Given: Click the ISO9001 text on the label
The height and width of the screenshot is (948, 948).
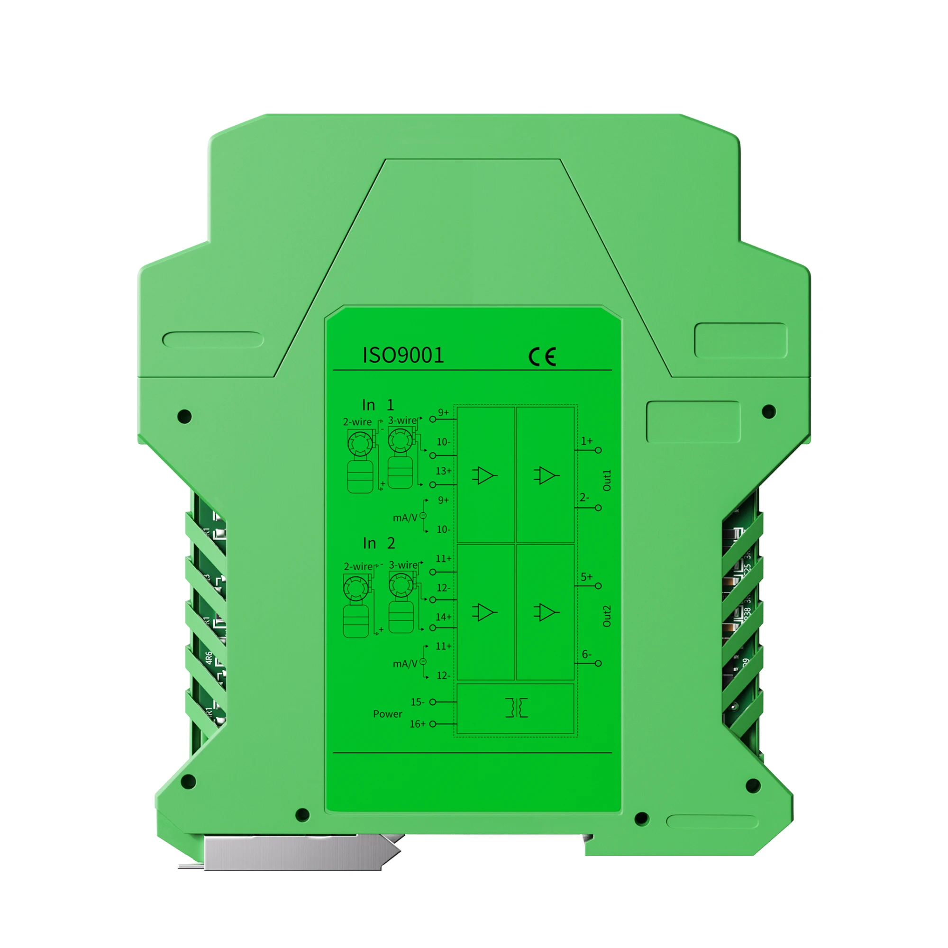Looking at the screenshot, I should (x=403, y=355).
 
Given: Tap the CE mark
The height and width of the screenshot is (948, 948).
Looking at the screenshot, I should (x=542, y=356).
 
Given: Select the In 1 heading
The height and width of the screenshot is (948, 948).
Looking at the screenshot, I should (x=378, y=405).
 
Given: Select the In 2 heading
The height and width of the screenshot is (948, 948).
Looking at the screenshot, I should (x=379, y=543).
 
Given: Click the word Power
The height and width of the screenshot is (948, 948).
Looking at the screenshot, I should (x=387, y=714).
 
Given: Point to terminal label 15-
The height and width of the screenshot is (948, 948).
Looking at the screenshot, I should (x=417, y=702).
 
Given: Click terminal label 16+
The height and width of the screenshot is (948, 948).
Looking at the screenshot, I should (x=417, y=724).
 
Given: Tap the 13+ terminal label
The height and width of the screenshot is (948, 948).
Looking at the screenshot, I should (x=443, y=471).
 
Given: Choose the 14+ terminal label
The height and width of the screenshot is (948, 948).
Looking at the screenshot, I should (x=443, y=617).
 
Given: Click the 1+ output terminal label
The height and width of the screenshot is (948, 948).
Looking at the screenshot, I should (x=586, y=441).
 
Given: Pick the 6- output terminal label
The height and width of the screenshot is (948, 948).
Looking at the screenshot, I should (x=586, y=654).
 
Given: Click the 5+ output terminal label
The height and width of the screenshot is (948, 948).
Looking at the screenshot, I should (x=586, y=577).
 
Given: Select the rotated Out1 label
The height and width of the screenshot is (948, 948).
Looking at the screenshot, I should (x=607, y=480).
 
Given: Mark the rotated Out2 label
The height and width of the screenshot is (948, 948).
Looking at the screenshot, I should (x=607, y=616).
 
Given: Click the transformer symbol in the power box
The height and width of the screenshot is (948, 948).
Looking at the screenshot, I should (x=516, y=708).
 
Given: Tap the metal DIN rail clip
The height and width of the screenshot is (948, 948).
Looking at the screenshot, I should (x=294, y=852).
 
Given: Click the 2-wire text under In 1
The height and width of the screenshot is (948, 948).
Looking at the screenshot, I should (x=357, y=422).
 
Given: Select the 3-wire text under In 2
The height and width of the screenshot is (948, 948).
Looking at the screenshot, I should (x=403, y=565).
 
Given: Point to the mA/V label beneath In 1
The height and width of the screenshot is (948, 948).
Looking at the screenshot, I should (x=405, y=518).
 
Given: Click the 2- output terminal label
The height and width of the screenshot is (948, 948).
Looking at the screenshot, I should (x=584, y=498).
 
